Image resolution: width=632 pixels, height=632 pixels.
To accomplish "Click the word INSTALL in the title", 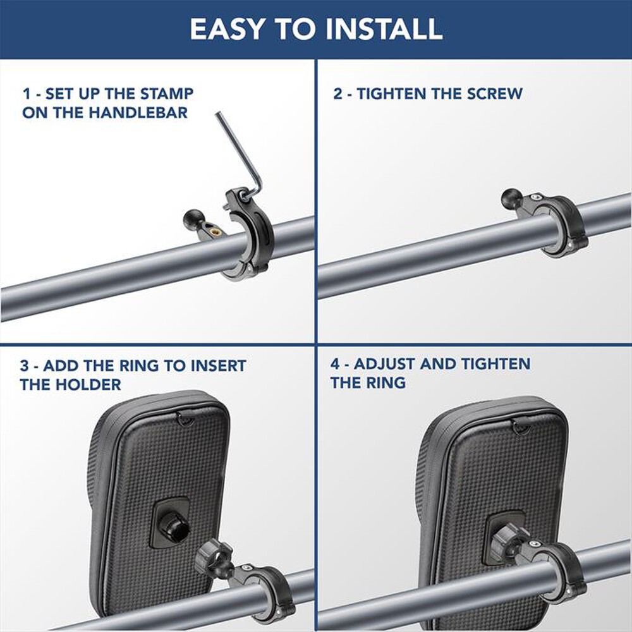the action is tap(384, 28).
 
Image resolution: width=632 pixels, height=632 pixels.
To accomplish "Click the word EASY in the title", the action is tap(227, 28).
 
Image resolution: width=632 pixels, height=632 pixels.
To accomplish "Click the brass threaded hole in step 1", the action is tap(216, 232).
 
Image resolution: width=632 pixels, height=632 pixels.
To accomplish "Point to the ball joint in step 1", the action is tap(193, 220).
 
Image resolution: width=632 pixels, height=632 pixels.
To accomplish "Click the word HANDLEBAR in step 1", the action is tap(138, 113).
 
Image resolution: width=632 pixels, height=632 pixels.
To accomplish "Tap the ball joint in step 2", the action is tap(513, 199).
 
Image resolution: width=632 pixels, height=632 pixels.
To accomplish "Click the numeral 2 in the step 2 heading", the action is tap(337, 94).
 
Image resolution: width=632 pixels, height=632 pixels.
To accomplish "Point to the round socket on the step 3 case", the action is tap(172, 523).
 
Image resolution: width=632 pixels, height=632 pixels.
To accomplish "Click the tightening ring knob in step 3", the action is tap(213, 560).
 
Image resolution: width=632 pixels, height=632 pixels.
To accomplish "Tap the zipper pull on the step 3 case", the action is tap(185, 419).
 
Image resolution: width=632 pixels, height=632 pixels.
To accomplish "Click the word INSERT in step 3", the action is tap(218, 366).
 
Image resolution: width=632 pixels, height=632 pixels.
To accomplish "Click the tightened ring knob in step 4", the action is tap(509, 542).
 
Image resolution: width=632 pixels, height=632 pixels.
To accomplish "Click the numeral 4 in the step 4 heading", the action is tap(336, 364).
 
